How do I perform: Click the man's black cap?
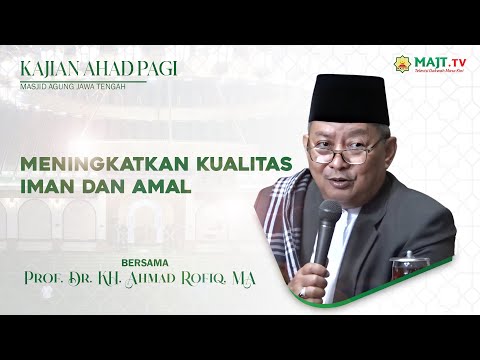pyautogui.click(x=348, y=98)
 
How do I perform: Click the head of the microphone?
pyautogui.click(x=329, y=216)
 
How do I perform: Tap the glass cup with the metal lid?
pyautogui.click(x=409, y=264)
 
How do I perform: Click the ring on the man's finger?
pyautogui.click(x=301, y=292)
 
